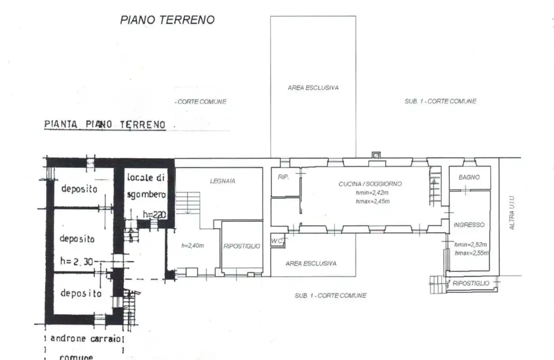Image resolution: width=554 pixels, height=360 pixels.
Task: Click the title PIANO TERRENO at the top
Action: (x=167, y=20)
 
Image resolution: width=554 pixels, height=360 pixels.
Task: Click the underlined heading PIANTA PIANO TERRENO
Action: (x=105, y=124)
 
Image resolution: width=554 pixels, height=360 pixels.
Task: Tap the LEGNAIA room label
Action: (x=222, y=181)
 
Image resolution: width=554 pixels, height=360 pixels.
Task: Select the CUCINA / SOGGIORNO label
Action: (x=369, y=184)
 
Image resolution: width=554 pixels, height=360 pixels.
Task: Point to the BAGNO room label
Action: (x=469, y=177)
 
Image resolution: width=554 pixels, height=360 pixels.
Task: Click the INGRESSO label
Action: (x=468, y=225)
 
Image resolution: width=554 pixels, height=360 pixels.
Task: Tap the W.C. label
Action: (x=277, y=241)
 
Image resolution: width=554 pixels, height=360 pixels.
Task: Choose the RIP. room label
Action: (x=283, y=176)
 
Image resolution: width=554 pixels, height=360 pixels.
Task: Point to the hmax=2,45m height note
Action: (x=372, y=201)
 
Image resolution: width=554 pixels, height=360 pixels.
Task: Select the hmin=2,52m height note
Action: (x=470, y=244)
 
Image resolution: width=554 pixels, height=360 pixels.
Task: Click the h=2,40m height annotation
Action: (x=193, y=245)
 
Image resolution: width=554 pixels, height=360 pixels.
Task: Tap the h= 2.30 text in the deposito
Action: (x=76, y=260)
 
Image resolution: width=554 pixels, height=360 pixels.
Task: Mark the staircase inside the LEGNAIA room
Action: (x=187, y=202)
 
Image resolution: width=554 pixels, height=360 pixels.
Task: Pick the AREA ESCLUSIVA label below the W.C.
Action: (x=310, y=263)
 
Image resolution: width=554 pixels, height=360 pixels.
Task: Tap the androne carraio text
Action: (x=85, y=338)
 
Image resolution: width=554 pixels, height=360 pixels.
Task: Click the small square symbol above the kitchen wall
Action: (x=376, y=155)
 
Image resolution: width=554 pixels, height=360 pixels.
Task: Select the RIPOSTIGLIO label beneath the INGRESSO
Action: (x=471, y=283)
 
